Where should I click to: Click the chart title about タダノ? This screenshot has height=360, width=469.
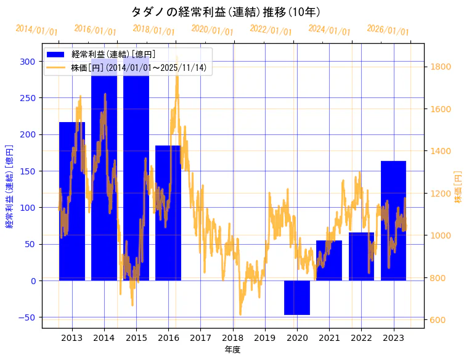226,12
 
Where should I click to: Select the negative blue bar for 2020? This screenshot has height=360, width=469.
297,297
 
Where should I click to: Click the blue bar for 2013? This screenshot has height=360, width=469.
72,203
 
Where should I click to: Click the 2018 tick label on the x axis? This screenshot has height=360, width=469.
232,338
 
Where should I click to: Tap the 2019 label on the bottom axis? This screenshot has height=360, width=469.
264,338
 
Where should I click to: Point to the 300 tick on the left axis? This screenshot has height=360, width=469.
27,61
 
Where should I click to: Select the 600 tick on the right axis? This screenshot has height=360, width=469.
438,320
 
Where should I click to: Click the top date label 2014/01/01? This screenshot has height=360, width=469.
36,30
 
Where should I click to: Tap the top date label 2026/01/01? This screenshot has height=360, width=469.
388,30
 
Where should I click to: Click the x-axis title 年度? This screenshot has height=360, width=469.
232,350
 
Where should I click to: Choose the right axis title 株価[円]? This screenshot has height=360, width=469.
458,187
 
